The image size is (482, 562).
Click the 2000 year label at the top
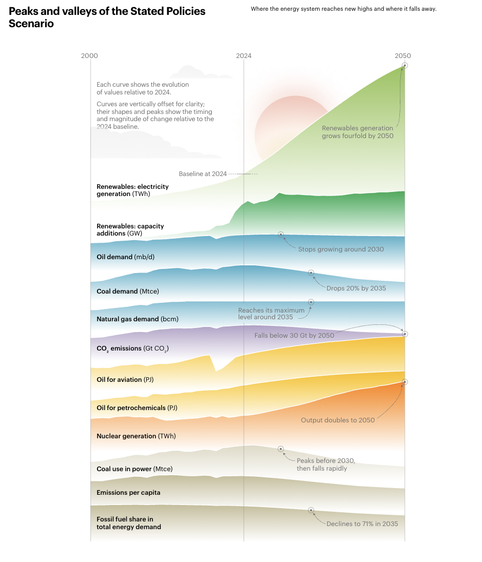click(x=90, y=56)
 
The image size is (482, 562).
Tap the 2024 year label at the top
click(x=244, y=56)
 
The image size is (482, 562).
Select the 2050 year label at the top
click(x=403, y=56)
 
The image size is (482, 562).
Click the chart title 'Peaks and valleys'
click(x=107, y=17)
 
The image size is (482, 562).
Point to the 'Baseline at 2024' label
click(x=203, y=174)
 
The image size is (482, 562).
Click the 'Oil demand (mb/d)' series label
click(x=122, y=257)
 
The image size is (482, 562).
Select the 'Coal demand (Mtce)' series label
click(x=128, y=291)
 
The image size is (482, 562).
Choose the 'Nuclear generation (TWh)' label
click(x=136, y=436)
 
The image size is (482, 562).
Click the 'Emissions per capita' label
click(x=128, y=492)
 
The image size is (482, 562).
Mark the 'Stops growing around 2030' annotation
click(x=341, y=249)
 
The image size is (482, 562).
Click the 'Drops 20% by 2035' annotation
click(x=356, y=288)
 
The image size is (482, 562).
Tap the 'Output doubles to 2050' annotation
click(x=338, y=420)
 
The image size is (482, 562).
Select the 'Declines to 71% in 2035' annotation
click(x=362, y=524)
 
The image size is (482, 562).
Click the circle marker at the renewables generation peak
click(x=405, y=65)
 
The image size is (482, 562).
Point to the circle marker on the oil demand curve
click(x=281, y=235)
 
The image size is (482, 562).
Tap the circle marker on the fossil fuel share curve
click(x=311, y=510)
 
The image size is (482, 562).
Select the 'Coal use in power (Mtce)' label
click(x=134, y=469)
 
